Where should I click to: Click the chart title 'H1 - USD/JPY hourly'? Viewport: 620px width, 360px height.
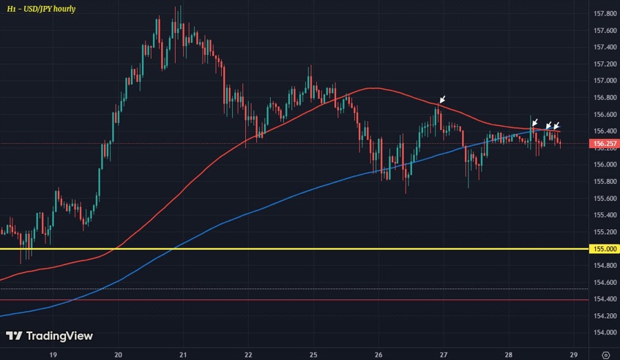[x=42, y=9]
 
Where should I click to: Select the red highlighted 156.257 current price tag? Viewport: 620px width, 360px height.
[x=603, y=145]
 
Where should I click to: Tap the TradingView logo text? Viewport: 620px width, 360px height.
[x=49, y=337]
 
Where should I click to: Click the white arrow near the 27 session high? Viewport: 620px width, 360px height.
[x=442, y=100]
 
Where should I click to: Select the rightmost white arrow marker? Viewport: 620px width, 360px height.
[x=556, y=125]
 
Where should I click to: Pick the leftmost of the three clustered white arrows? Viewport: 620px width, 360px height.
[x=535, y=122]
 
